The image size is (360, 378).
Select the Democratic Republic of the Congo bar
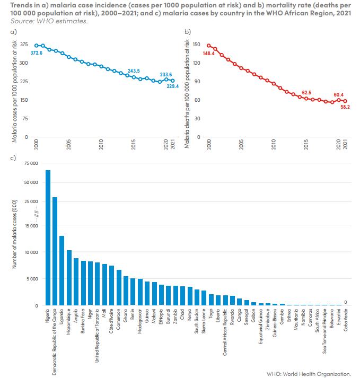tap(55, 251)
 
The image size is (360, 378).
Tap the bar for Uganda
tap(62, 270)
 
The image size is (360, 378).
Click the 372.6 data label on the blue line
tap(37, 54)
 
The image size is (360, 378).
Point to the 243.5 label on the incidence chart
tap(134, 71)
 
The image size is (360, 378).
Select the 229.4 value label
tap(173, 86)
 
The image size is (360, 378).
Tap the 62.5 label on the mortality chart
tap(306, 93)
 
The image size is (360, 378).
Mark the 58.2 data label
tap(345, 107)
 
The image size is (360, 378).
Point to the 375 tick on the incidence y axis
tap(24, 45)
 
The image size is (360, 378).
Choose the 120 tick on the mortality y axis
tap(196, 63)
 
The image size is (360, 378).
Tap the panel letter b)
tap(188, 32)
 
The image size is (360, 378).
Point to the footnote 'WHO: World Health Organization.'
tap(317, 373)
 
